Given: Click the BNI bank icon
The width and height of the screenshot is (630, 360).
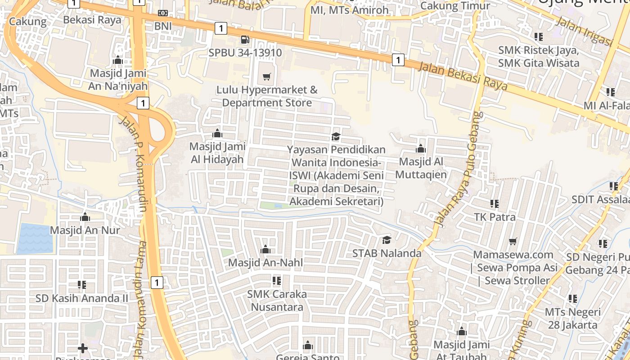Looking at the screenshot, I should pyautogui.click(x=163, y=13).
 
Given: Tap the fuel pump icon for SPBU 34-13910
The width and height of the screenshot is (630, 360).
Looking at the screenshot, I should pyautogui.click(x=245, y=40).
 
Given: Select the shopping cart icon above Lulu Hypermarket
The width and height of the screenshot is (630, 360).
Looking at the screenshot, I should pyautogui.click(x=267, y=76).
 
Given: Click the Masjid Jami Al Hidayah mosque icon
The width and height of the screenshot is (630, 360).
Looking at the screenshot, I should pyautogui.click(x=217, y=133).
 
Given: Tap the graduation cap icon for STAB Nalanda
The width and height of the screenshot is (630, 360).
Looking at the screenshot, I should pyautogui.click(x=387, y=240).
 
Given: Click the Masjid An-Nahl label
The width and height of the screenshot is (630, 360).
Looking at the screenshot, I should pyautogui.click(x=265, y=262).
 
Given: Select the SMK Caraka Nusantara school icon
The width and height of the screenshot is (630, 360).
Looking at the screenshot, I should pyautogui.click(x=277, y=281).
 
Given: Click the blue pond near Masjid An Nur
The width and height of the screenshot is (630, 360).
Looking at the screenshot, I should pyautogui.click(x=35, y=238).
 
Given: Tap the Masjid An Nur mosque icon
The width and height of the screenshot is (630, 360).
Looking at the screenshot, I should pyautogui.click(x=85, y=217).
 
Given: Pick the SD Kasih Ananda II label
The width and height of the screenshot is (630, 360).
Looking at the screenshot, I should pyautogui.click(x=82, y=298).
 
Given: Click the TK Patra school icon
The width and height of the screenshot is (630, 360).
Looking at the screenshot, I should pyautogui.click(x=495, y=204).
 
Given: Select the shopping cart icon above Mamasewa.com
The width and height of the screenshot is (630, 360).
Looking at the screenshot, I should pyautogui.click(x=513, y=242).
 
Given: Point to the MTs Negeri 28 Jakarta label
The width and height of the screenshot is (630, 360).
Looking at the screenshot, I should pyautogui.click(x=572, y=318).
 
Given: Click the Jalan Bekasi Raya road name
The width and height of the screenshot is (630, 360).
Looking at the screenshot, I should pyautogui.click(x=463, y=76).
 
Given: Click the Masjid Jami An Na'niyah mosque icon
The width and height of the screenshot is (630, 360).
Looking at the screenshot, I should pyautogui.click(x=118, y=60).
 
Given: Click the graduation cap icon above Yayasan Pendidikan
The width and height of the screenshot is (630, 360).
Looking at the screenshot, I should pyautogui.click(x=336, y=136).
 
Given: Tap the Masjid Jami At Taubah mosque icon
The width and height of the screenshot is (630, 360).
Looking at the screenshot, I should pyautogui.click(x=461, y=332).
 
